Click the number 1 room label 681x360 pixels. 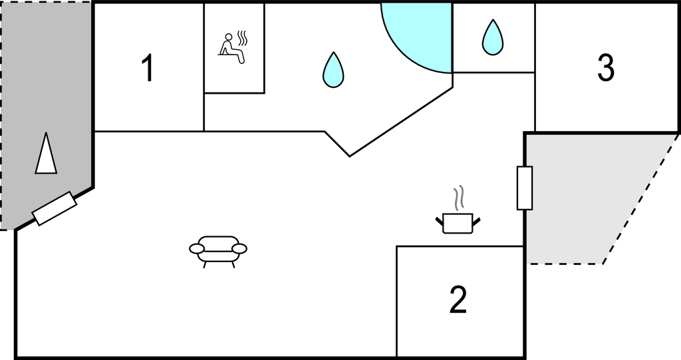(148, 69)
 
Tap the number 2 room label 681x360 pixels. (458, 300)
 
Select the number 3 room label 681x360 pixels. (605, 67)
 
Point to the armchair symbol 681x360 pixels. (218, 250)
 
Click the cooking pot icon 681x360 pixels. (458, 222)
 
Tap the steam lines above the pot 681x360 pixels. (458, 198)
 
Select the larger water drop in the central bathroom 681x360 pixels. (333, 69)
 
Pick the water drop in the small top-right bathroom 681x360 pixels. (492, 37)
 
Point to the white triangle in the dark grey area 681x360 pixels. (45, 154)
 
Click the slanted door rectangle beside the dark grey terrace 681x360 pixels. (55, 208)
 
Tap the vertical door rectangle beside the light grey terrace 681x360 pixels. (525, 188)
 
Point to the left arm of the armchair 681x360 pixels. (197, 248)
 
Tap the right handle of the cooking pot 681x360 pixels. (476, 219)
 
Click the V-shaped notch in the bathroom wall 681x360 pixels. (349, 155)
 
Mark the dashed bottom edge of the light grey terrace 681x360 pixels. (565, 264)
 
